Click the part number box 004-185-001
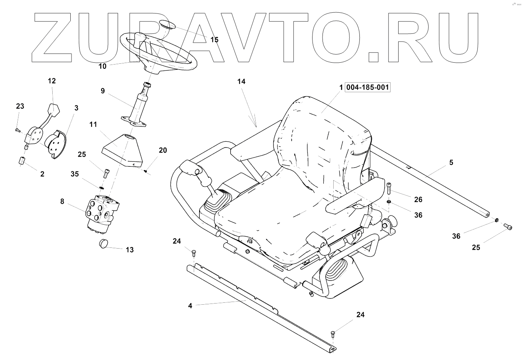pos(368,88)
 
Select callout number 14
pos(241,82)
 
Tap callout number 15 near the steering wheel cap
pos(214,40)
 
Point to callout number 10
pos(102,66)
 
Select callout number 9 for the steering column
pos(103,91)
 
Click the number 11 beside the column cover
pos(93,124)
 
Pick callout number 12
pos(52,81)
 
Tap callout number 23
pos(20,106)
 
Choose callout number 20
pos(163,151)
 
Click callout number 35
pos(75,174)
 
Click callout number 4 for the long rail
pos(190,306)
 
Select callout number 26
pos(418,199)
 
